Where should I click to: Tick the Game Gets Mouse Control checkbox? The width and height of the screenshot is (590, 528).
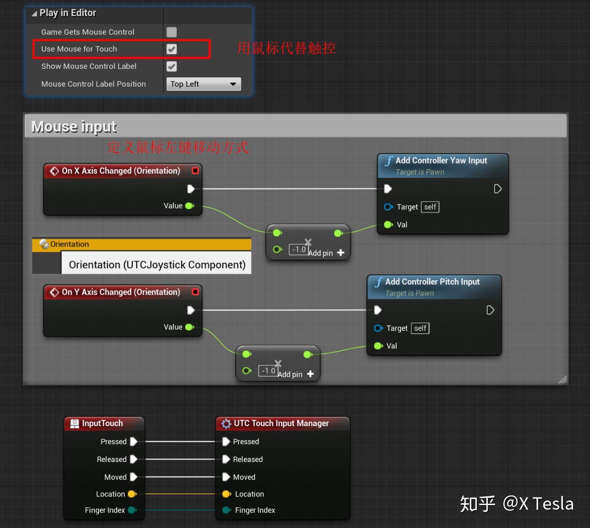click(171, 32)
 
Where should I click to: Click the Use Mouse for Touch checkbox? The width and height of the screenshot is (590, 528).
click(171, 49)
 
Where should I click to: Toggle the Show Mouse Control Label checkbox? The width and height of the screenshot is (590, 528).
click(171, 66)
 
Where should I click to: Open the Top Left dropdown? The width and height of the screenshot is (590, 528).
click(203, 84)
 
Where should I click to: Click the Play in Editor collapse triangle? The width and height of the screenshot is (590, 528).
click(34, 14)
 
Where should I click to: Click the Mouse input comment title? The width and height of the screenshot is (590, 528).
click(74, 126)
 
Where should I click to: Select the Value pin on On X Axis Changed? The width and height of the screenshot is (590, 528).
click(189, 206)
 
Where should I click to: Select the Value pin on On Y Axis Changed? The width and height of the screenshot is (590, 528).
click(189, 327)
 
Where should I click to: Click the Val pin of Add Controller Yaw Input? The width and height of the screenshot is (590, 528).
click(388, 225)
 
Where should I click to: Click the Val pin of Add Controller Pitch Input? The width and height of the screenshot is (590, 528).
click(378, 346)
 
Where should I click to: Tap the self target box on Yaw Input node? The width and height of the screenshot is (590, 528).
click(430, 207)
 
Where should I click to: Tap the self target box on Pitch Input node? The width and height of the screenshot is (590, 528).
click(420, 328)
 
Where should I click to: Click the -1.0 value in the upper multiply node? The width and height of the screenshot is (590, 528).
click(298, 249)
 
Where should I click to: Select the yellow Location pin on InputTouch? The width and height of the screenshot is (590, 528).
click(132, 494)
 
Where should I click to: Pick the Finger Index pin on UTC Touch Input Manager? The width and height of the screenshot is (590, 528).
click(226, 510)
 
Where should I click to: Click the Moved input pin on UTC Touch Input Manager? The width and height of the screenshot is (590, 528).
click(226, 477)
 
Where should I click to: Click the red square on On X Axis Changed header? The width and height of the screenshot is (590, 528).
click(195, 170)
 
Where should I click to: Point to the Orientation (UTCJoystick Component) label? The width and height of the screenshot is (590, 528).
click(157, 264)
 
